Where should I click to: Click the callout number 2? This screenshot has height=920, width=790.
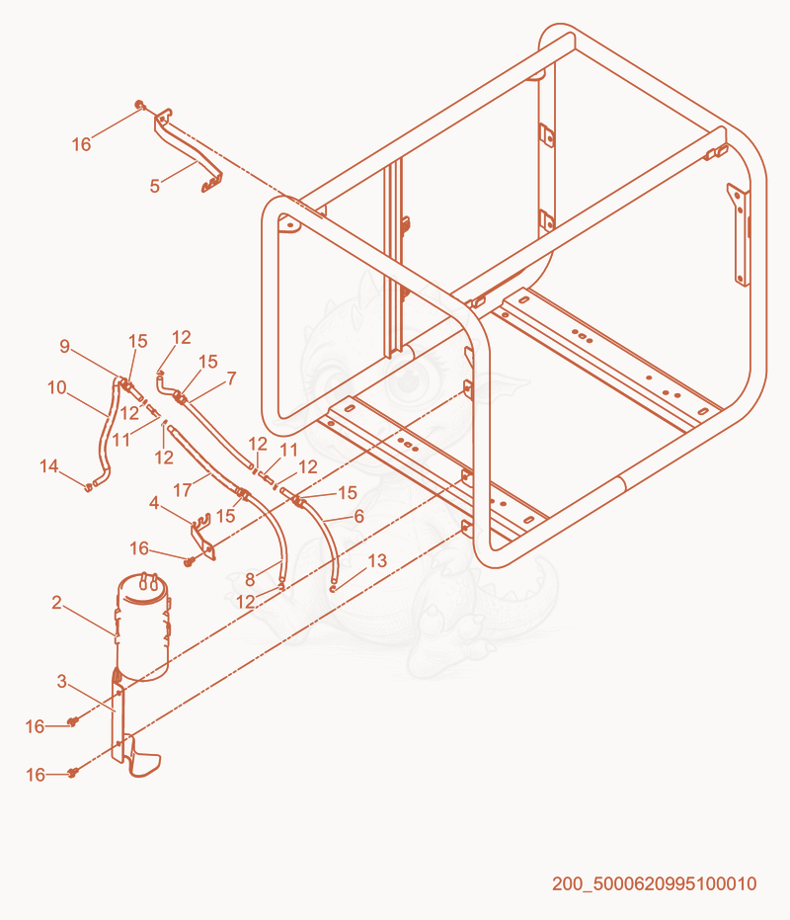[x=56, y=603]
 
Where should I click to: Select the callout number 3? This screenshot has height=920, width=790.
[x=61, y=681]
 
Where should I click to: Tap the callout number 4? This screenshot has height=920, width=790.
[x=154, y=503]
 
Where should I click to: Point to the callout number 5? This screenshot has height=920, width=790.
[x=154, y=186]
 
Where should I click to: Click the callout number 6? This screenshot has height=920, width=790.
[x=358, y=516]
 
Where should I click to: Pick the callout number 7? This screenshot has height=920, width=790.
[x=231, y=378]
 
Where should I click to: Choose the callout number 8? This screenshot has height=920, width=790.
[x=250, y=580]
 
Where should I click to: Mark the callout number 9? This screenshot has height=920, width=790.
[x=64, y=346]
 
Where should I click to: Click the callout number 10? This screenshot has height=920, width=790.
[x=57, y=387]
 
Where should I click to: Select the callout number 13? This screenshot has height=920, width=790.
[x=377, y=561]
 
